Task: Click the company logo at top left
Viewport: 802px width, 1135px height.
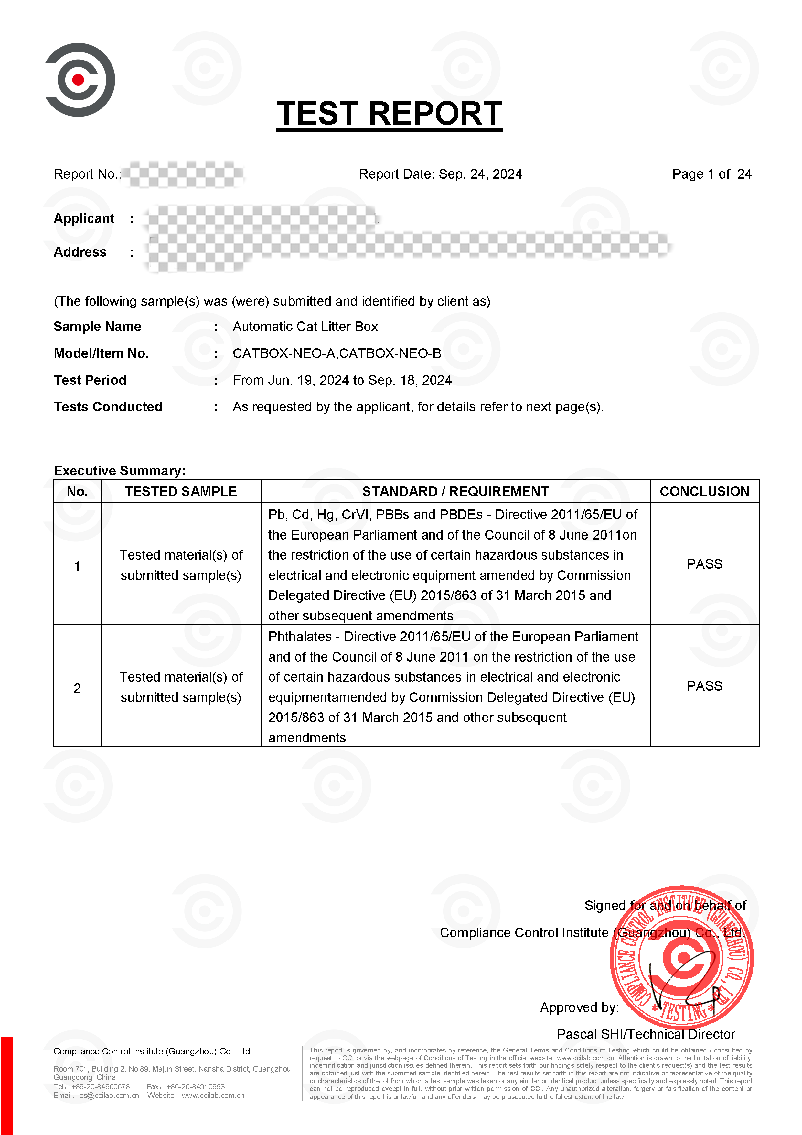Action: [x=80, y=80]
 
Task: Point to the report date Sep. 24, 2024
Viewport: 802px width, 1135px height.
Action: [x=480, y=174]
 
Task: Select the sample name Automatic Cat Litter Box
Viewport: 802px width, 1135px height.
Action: [x=305, y=327]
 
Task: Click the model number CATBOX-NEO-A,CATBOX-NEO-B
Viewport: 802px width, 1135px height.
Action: [x=337, y=353]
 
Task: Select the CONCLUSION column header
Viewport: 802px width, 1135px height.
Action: [x=704, y=491]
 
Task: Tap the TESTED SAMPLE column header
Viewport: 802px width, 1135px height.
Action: [x=181, y=491]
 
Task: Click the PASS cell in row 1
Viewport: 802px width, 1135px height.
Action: [x=704, y=564]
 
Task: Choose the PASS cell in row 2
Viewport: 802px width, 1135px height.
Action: [x=704, y=686]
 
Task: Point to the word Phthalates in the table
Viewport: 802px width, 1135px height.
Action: [x=300, y=637]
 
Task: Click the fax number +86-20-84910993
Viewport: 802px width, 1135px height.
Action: [x=196, y=1086]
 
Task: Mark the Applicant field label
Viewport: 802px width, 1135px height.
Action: [x=84, y=218]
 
